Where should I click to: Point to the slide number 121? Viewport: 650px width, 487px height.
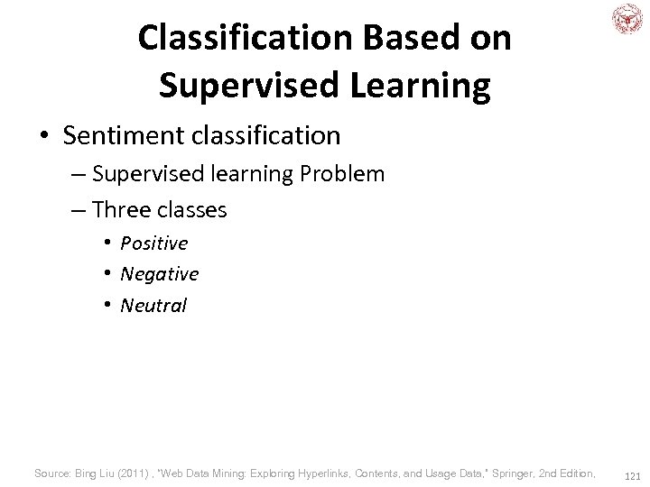point(632,475)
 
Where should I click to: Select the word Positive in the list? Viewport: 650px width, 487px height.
point(153,243)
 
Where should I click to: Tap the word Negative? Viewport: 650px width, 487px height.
point(159,273)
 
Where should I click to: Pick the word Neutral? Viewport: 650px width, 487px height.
point(153,305)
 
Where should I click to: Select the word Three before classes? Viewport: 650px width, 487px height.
point(122,210)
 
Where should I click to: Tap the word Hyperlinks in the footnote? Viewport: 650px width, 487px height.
point(326,473)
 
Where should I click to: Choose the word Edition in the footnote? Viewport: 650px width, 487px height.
point(577,473)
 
